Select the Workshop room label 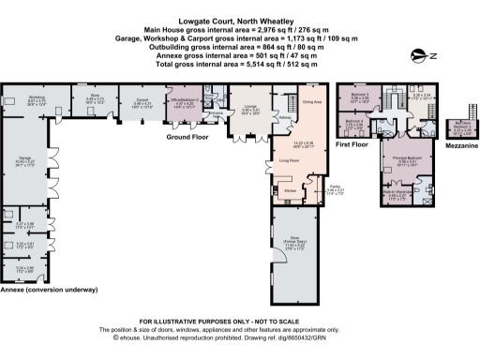(x=37, y=98)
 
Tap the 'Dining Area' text (x=313, y=101)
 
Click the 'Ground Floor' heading (x=187, y=137)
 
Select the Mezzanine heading (x=460, y=146)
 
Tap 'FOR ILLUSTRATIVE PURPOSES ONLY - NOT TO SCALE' (x=240, y=323)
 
